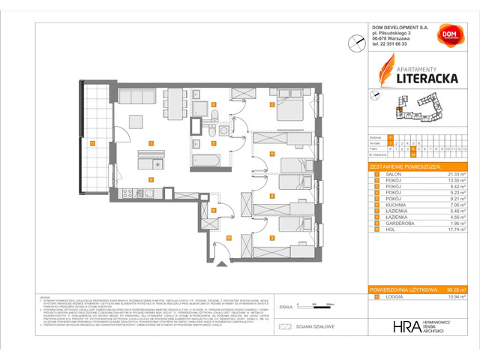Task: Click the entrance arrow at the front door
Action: (220, 262)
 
